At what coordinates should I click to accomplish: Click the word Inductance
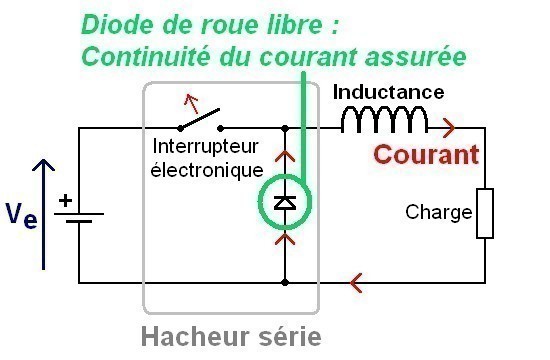pyautogui.click(x=388, y=92)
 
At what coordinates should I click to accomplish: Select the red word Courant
pyautogui.click(x=420, y=155)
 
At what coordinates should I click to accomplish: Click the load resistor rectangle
pyautogui.click(x=485, y=213)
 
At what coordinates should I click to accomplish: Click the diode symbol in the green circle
pyautogui.click(x=285, y=203)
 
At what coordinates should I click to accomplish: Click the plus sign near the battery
pyautogui.click(x=65, y=199)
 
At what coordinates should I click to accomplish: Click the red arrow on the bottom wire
pyautogui.click(x=357, y=284)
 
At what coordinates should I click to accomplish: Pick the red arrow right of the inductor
pyautogui.click(x=447, y=128)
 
